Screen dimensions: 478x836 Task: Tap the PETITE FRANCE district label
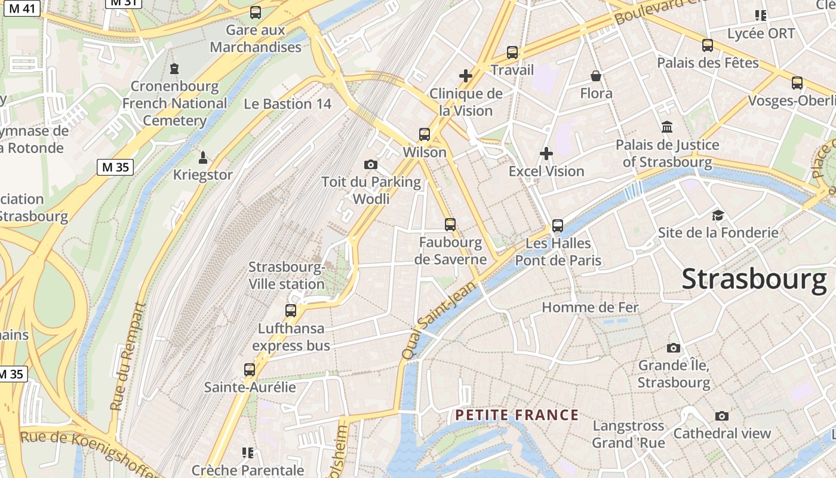click(x=517, y=415)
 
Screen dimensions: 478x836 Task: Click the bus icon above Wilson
click(x=425, y=134)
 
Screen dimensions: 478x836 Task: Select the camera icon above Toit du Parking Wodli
click(x=371, y=164)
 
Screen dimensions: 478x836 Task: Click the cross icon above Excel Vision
click(x=546, y=154)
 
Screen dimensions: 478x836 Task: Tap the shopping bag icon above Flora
click(x=596, y=76)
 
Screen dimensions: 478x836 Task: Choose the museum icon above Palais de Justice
click(x=667, y=127)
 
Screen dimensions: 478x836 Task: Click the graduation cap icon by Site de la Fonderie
click(x=718, y=215)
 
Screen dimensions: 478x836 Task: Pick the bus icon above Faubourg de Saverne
click(x=450, y=225)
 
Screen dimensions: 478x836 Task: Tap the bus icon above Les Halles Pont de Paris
click(x=558, y=226)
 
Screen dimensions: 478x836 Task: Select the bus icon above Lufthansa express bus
click(x=291, y=311)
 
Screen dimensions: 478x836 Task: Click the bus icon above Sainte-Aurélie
click(x=250, y=370)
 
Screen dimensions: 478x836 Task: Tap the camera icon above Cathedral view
click(x=722, y=416)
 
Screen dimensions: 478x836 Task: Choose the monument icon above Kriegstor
click(x=202, y=158)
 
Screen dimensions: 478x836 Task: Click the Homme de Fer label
click(x=590, y=308)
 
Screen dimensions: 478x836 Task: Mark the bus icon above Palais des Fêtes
click(x=708, y=45)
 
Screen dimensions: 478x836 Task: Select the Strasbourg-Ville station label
click(x=287, y=275)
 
